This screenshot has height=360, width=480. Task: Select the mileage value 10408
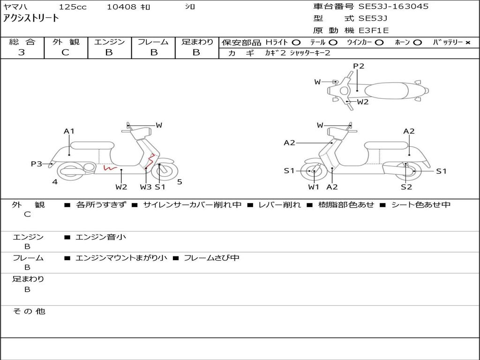[121, 7]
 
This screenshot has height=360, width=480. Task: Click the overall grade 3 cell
[22, 52]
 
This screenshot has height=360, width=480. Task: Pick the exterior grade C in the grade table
[65, 52]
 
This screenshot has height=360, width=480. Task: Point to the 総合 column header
[22, 42]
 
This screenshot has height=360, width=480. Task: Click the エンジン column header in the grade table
[109, 42]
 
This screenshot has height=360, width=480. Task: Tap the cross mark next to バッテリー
[467, 43]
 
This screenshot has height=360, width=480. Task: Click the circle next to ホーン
[417, 43]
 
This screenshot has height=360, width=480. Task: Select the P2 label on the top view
[359, 66]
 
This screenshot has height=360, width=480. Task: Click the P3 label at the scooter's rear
[37, 164]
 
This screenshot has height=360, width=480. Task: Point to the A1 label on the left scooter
[69, 131]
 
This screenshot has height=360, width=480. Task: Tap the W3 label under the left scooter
[146, 187]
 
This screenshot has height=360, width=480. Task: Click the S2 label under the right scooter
[406, 187]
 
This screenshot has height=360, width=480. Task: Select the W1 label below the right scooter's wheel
[314, 187]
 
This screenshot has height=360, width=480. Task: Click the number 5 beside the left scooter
[180, 182]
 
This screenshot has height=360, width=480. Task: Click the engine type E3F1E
[374, 30]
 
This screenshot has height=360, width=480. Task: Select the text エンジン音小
[101, 237]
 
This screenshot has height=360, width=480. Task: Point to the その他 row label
[29, 311]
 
